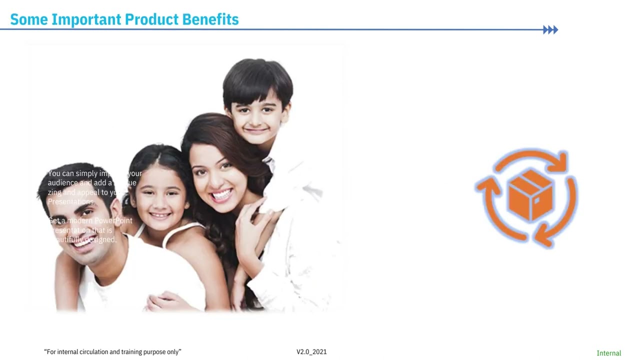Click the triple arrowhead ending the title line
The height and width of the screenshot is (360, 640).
(550, 30)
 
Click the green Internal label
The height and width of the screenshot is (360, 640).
(608, 353)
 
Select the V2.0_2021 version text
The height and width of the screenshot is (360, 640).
(311, 352)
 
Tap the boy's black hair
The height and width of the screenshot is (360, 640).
(257, 80)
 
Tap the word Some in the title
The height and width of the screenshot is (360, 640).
(29, 19)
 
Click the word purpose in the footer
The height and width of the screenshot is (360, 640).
(154, 352)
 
